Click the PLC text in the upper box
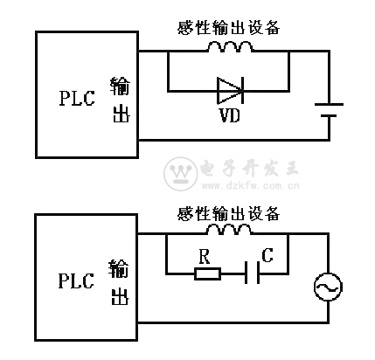tap(77, 98)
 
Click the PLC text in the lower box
tap(76, 280)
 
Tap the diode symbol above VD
tap(230, 91)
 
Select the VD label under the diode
tap(230, 115)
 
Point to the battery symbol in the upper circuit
tap(330, 110)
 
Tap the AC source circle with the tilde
tap(328, 287)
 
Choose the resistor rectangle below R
tap(207, 273)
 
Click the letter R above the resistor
tap(205, 256)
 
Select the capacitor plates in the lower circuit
tap(253, 273)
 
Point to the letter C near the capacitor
tap(267, 255)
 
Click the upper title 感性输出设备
tap(229, 28)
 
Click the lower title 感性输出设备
tap(229, 214)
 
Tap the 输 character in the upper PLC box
tap(121, 87)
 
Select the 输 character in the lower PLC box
tap(119, 268)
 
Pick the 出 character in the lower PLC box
tap(120, 296)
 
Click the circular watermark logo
tap(181, 174)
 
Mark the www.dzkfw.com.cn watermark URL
tap(251, 185)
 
